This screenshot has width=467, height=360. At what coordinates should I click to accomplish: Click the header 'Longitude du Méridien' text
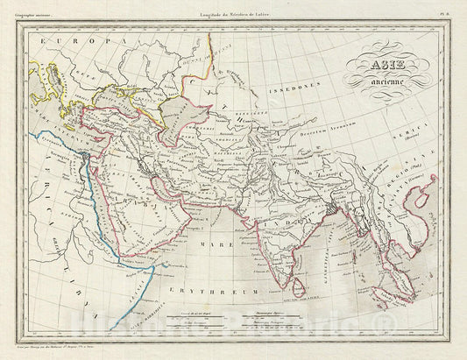click(231, 10)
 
